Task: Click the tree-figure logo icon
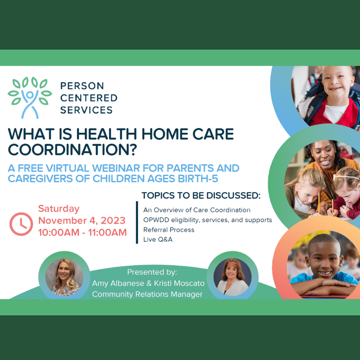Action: tap(30, 98)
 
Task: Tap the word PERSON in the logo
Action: tap(82, 86)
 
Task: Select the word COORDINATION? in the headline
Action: tap(73, 150)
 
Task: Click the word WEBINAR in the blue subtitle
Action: tap(116, 168)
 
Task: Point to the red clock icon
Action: tap(21, 224)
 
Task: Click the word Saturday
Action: tap(59, 209)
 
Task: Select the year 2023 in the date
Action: tap(113, 220)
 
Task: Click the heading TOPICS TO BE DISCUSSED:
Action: tap(201, 195)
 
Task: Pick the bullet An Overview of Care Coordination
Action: tap(197, 210)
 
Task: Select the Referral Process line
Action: tap(169, 230)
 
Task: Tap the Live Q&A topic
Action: tap(158, 239)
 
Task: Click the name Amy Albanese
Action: tap(118, 283)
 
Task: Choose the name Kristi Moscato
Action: tap(179, 283)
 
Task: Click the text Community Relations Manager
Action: tap(147, 294)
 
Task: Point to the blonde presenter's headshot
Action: tap(64, 277)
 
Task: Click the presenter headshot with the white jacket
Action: tap(232, 277)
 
